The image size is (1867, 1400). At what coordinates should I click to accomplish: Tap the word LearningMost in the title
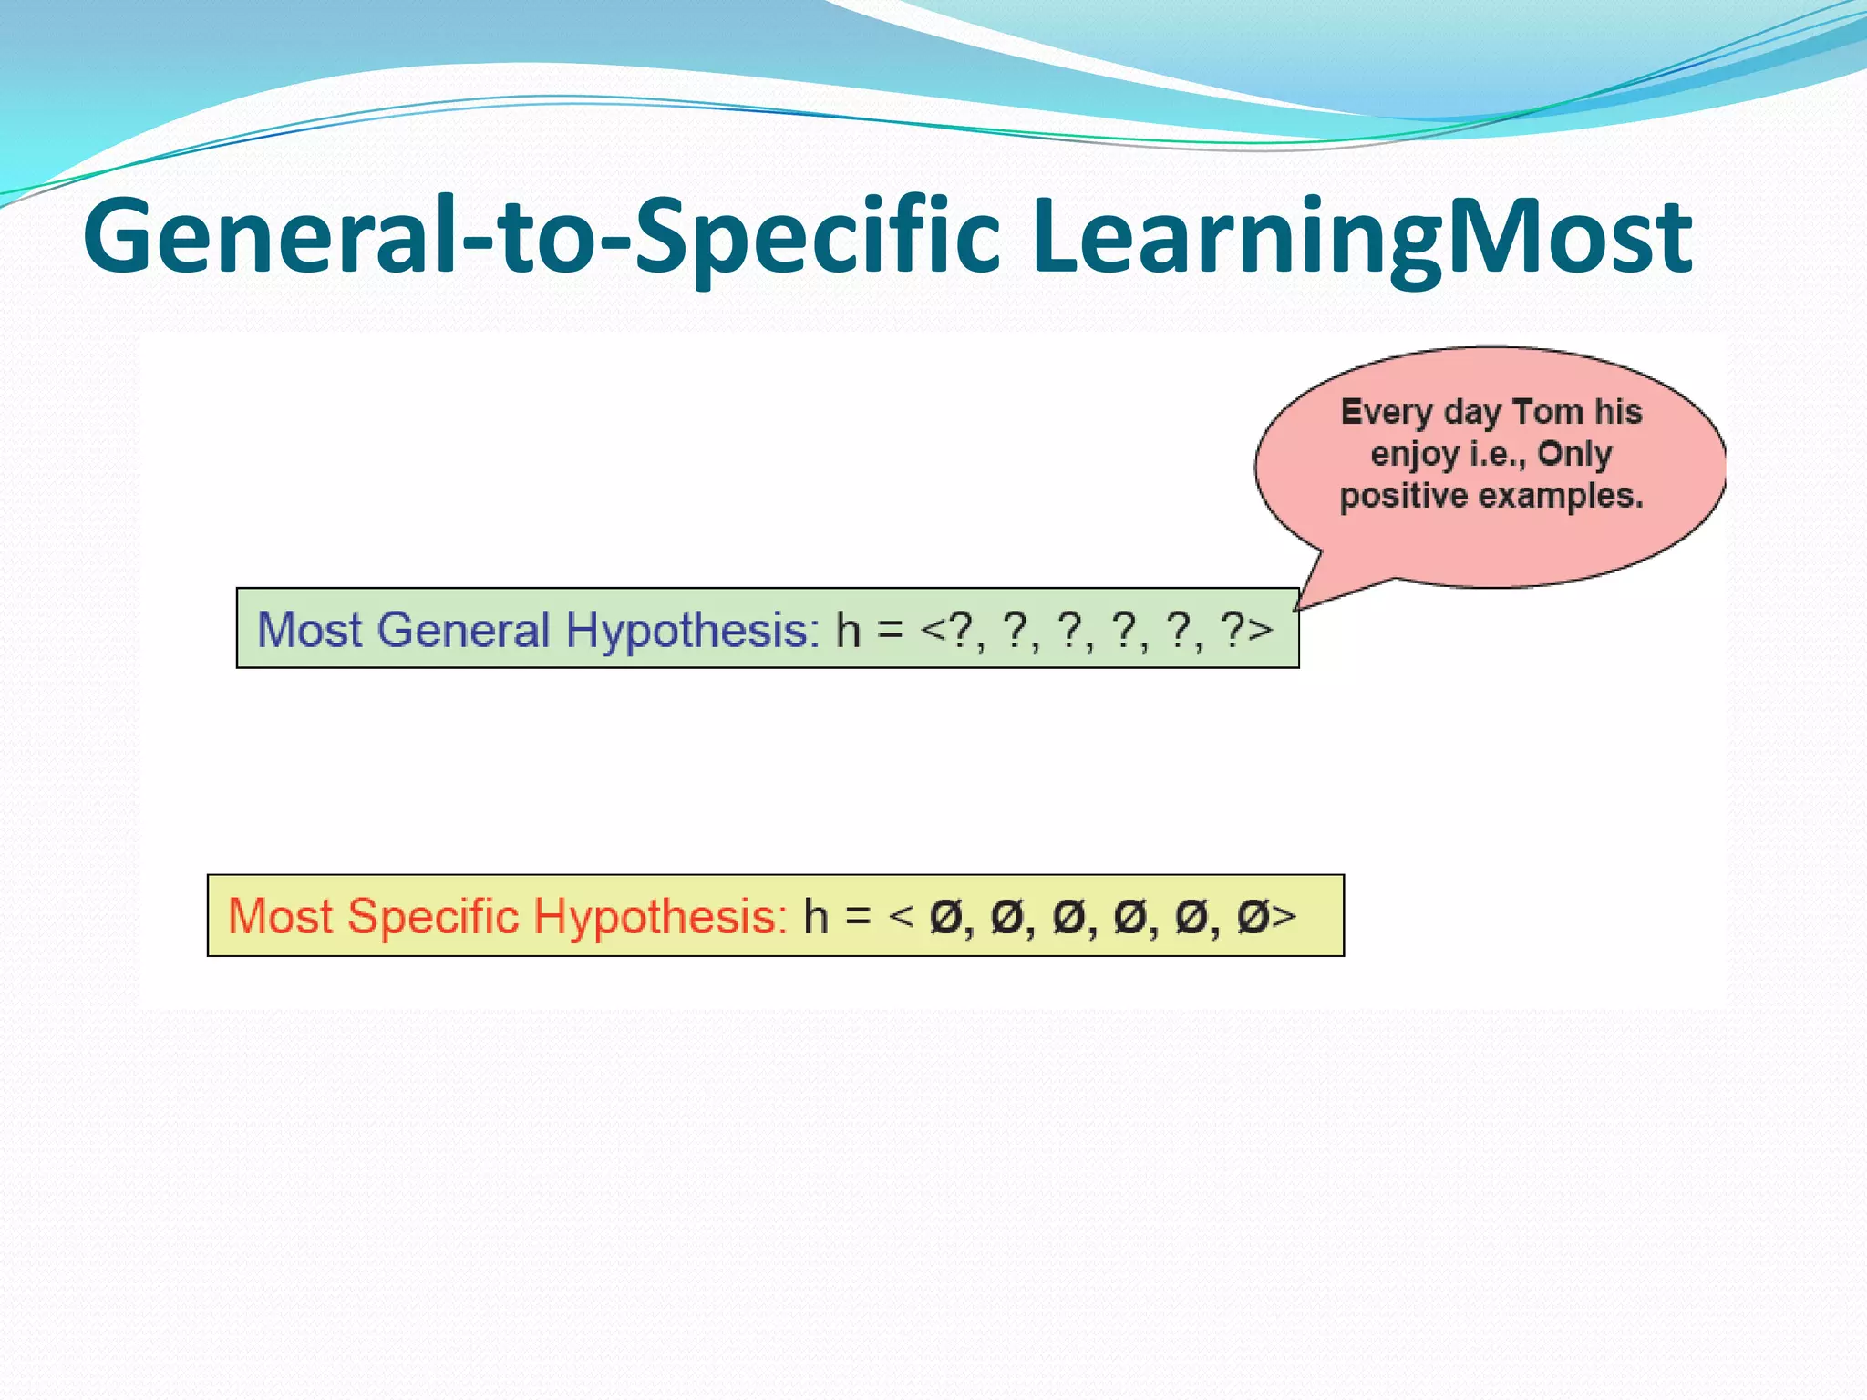pos(1362,237)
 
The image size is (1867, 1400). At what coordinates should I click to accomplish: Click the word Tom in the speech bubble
pos(1547,412)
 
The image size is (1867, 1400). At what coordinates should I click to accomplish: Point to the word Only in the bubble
pos(1574,453)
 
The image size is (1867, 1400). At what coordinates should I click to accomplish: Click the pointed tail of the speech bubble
pos(1305,602)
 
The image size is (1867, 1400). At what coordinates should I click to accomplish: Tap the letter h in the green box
pos(848,629)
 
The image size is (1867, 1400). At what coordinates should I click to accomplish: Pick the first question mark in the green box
pos(961,629)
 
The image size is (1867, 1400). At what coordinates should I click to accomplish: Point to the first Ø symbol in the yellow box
pos(945,917)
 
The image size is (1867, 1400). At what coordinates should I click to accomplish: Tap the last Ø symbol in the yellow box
pos(1253,917)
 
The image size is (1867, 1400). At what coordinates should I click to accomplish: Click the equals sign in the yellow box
pos(857,917)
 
